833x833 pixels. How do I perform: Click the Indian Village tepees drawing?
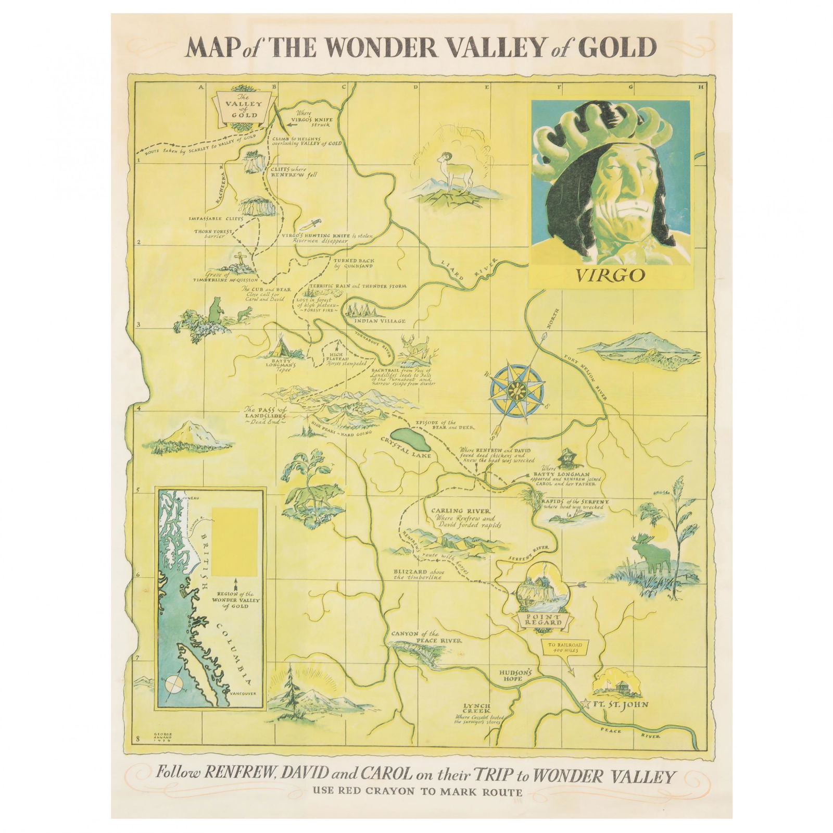tap(365, 310)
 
